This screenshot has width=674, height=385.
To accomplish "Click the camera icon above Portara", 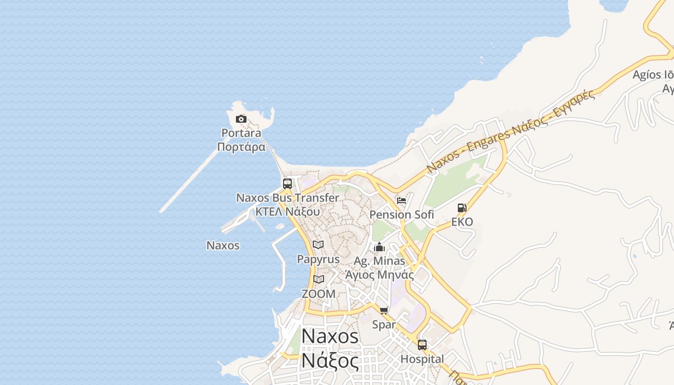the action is pyautogui.click(x=241, y=119).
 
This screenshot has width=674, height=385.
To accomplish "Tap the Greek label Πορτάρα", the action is pyautogui.click(x=241, y=147).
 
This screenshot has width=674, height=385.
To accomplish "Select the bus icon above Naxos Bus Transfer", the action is pyautogui.click(x=287, y=183).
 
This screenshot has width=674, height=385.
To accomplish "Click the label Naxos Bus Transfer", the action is pyautogui.click(x=287, y=198).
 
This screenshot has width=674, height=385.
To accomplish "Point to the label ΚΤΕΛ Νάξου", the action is pyautogui.click(x=287, y=211).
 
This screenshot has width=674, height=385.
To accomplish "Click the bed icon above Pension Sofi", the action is pyautogui.click(x=402, y=201).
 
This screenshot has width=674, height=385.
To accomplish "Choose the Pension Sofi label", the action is pyautogui.click(x=402, y=215).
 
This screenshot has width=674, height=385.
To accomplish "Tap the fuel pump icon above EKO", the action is pyautogui.click(x=462, y=208).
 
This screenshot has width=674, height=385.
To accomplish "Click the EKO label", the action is pyautogui.click(x=462, y=222).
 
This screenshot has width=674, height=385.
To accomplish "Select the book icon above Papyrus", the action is pyautogui.click(x=318, y=244).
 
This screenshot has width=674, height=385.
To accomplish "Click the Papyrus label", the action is pyautogui.click(x=318, y=259).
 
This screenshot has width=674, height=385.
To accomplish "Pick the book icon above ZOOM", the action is pyautogui.click(x=318, y=279).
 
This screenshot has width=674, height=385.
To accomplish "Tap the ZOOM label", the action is pyautogui.click(x=318, y=294).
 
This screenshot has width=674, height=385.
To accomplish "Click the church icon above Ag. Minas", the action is pyautogui.click(x=379, y=247).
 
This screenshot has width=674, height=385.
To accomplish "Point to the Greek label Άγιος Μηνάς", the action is pyautogui.click(x=379, y=275).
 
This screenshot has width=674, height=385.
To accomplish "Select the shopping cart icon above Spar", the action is pyautogui.click(x=384, y=310).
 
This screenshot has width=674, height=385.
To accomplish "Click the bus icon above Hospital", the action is pyautogui.click(x=422, y=345).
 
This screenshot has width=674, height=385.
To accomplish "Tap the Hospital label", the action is pyautogui.click(x=422, y=359).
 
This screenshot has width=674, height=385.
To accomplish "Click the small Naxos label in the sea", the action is pyautogui.click(x=223, y=245).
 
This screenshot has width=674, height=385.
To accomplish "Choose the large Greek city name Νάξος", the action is pyautogui.click(x=330, y=361).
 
